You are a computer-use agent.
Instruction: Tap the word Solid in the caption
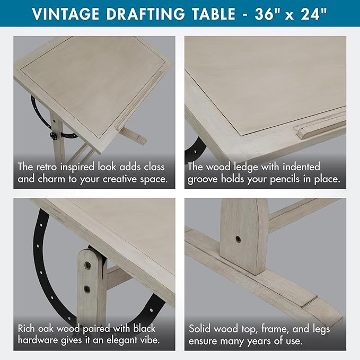click(201, 329)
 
